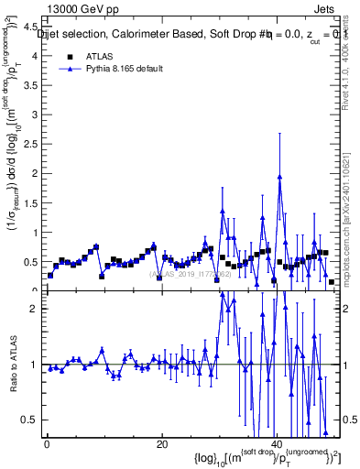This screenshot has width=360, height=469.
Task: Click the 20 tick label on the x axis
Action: (x=161, y=444)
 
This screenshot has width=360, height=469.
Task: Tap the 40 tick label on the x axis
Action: (x=276, y=444)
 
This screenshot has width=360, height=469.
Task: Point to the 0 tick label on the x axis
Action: (x=47, y=444)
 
